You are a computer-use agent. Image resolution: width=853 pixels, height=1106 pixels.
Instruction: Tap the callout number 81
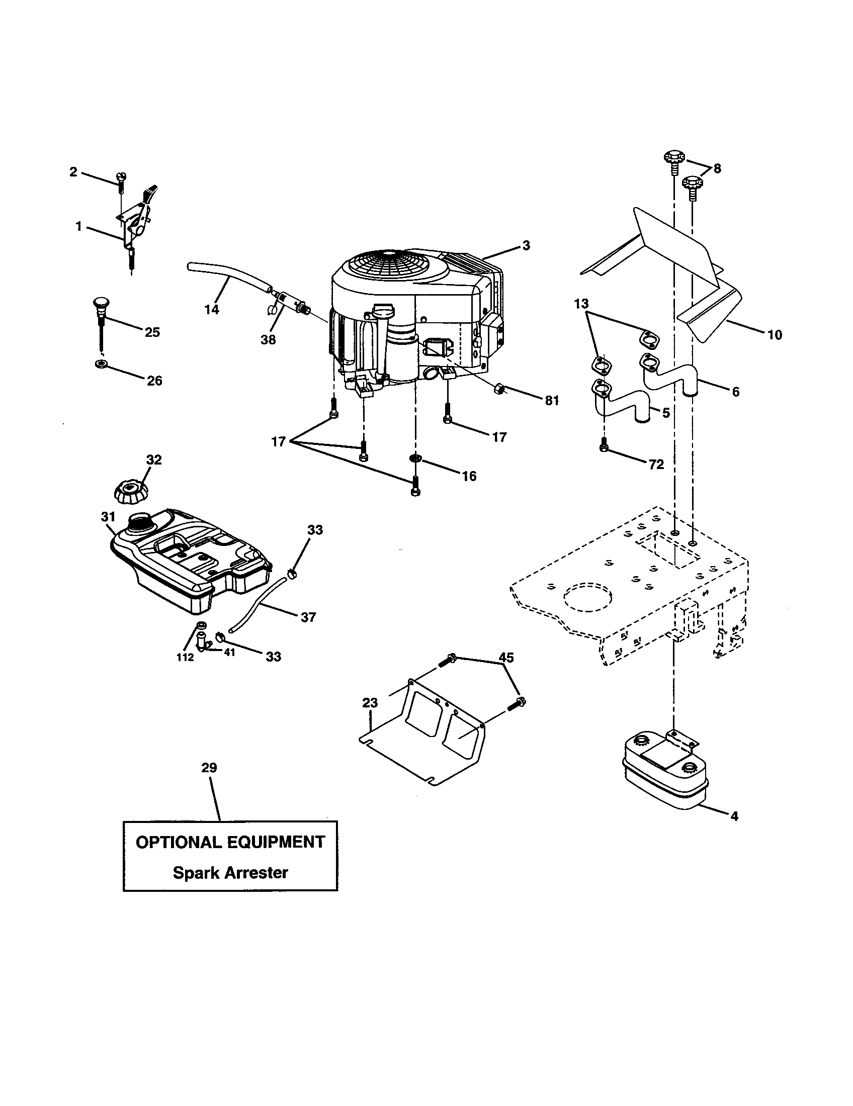coord(552,401)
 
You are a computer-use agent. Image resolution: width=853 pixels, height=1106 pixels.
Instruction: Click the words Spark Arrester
coord(230,873)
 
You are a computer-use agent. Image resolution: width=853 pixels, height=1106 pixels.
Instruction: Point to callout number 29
coord(209,782)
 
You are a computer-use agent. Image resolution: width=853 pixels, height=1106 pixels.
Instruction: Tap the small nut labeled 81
coord(499,389)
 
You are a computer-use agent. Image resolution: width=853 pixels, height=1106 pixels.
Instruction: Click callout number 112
coord(185,658)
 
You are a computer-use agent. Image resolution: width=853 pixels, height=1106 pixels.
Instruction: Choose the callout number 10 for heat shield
coord(775,335)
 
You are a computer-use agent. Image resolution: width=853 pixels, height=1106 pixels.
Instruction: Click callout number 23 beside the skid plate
coord(370,703)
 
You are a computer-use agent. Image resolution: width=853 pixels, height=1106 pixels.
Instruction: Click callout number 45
coord(506,658)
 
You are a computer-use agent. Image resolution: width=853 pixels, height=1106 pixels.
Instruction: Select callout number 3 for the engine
coord(526,246)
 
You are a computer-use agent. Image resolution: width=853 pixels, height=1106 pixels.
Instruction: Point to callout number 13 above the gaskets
coord(581,303)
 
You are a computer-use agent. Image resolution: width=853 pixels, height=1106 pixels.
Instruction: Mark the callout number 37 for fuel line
coord(308,617)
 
